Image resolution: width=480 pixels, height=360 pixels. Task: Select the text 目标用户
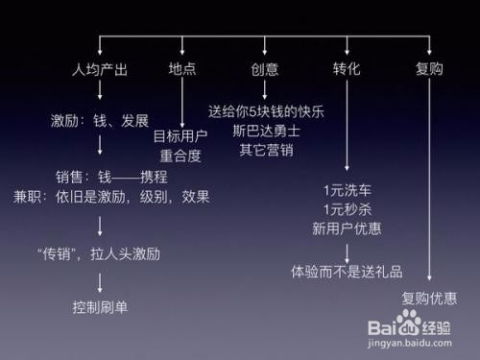pyautogui.click(x=180, y=136)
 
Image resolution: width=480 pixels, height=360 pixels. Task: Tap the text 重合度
pyautogui.click(x=180, y=156)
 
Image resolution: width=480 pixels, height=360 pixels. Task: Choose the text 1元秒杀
pyautogui.click(x=347, y=209)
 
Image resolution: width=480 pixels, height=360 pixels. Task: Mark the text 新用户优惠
pyautogui.click(x=347, y=229)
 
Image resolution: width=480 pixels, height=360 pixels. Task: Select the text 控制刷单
pyautogui.click(x=101, y=305)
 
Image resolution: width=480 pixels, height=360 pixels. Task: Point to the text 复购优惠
pyautogui.click(x=429, y=297)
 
